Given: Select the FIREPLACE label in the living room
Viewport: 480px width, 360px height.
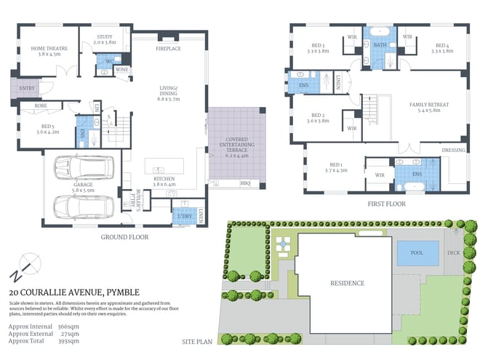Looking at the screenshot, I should [x=168, y=48].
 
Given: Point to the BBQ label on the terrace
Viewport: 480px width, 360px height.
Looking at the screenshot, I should [x=244, y=183].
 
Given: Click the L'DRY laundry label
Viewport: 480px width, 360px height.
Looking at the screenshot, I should [x=182, y=215].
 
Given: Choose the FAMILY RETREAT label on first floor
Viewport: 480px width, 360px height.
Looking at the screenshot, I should [x=428, y=105].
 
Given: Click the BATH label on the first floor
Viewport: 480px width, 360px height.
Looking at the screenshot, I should [x=379, y=45].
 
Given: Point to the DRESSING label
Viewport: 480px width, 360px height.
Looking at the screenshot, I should [x=452, y=151].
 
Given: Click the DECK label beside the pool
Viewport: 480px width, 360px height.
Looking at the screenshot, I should [x=454, y=254].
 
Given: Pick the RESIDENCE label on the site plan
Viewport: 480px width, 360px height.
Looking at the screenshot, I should [x=347, y=283].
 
